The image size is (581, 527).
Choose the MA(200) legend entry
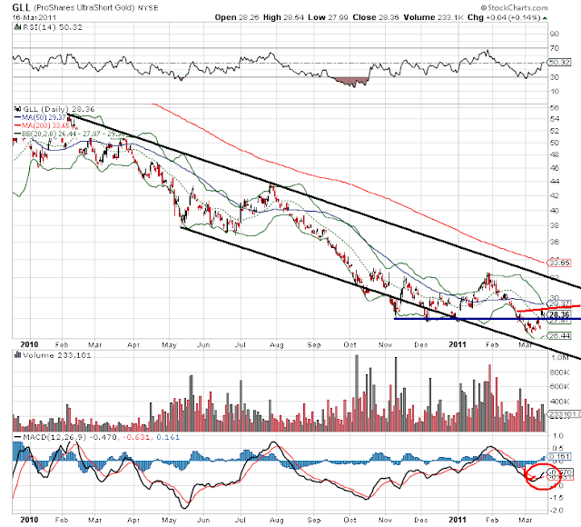(x=44, y=124)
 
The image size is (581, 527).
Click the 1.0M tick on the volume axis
(x=557, y=358)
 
